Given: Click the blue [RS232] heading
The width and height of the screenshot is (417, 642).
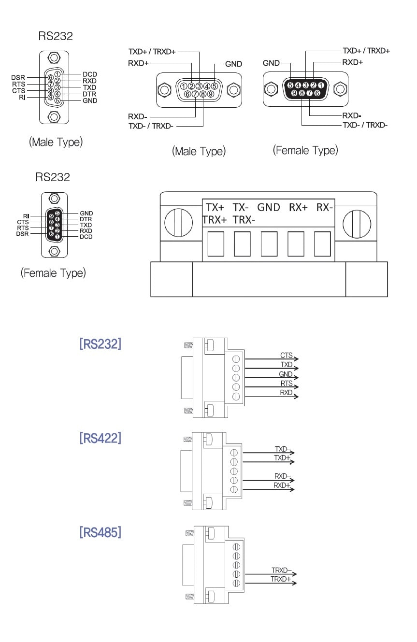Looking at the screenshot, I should click(100, 344).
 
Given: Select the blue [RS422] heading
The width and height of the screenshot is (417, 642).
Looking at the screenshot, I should click(100, 438).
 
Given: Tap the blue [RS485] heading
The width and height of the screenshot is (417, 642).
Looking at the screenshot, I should click(100, 532).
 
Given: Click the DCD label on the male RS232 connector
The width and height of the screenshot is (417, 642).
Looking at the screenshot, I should click(89, 74).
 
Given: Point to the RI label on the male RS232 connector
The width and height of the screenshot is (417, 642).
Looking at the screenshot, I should click(22, 97).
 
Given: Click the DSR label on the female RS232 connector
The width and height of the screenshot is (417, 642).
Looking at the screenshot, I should click(22, 234).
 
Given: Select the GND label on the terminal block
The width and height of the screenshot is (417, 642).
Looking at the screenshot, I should click(269, 207).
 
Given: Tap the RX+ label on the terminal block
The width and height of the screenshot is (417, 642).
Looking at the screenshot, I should click(298, 207).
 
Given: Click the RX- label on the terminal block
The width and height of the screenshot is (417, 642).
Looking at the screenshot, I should click(325, 207).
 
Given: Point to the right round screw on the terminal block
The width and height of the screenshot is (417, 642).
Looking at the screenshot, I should click(357, 224).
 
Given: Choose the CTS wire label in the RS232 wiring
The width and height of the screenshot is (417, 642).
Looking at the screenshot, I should click(287, 356).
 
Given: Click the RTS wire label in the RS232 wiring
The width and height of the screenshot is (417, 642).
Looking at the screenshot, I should click(287, 383).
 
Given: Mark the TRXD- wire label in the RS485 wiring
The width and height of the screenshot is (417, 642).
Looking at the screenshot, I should click(281, 570).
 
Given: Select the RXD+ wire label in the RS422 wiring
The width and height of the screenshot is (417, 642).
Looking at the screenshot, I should click(282, 485).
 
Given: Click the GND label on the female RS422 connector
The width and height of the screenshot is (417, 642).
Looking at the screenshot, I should click(271, 63).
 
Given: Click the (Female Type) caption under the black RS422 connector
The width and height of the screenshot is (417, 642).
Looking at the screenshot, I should click(305, 150).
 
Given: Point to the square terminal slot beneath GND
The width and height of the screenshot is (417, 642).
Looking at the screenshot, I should click(269, 243).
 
